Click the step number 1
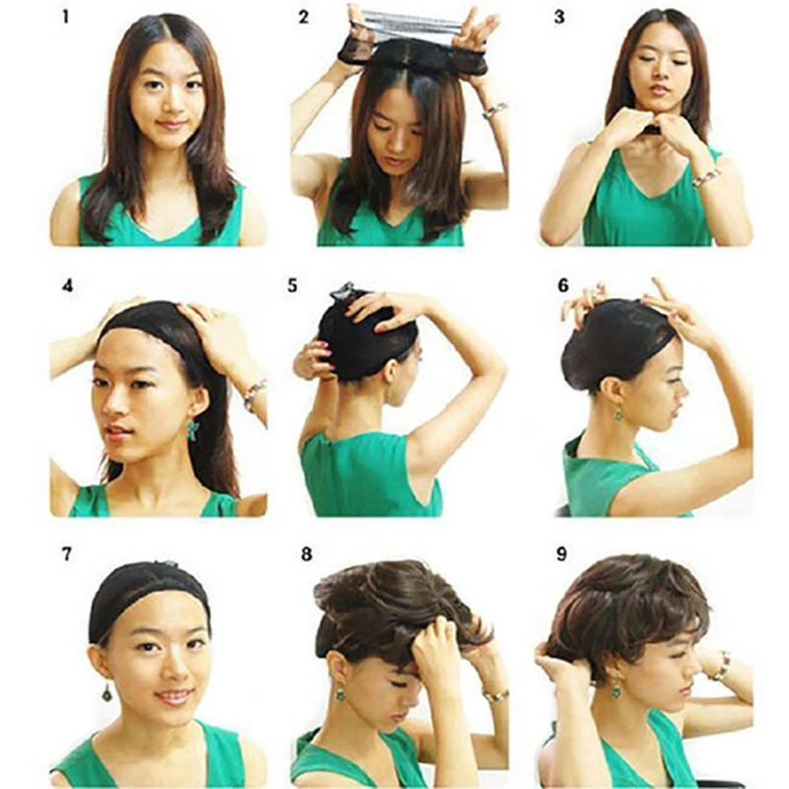tap(66, 17)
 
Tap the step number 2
tap(303, 17)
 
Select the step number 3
tap(559, 17)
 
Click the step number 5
tap(292, 285)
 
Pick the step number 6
tap(563, 285)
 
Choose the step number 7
tap(68, 554)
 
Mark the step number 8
tap(306, 554)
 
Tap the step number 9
tap(561, 554)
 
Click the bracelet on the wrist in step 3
tap(706, 177)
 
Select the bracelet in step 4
tap(254, 393)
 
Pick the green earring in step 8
tap(341, 694)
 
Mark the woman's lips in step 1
tap(171, 124)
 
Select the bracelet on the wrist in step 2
tap(494, 110)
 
